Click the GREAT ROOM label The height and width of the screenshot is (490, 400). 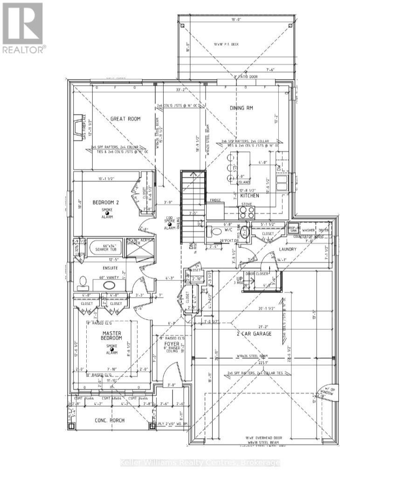tap(125, 119)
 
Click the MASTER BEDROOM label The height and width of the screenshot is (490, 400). tap(112, 335)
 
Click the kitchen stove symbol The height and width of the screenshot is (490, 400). tap(247, 212)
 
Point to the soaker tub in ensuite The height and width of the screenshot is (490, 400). tap(105, 247)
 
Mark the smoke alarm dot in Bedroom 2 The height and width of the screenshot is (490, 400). tap(107, 213)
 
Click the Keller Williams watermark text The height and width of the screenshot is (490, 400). tap(200, 463)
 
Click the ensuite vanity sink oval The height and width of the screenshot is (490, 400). tap(110, 286)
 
